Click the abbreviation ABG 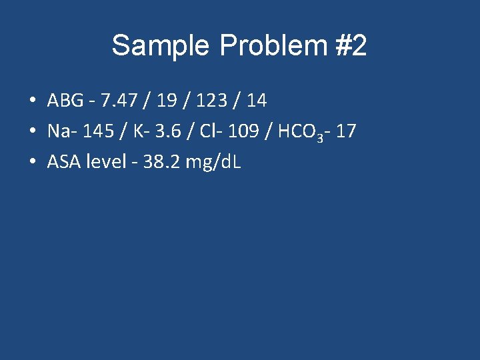pos(65,101)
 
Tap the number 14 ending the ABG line pos(257,101)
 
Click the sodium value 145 pos(99,131)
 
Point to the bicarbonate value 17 pos(346,131)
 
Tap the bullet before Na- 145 pos(32,132)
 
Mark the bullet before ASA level pos(32,162)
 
